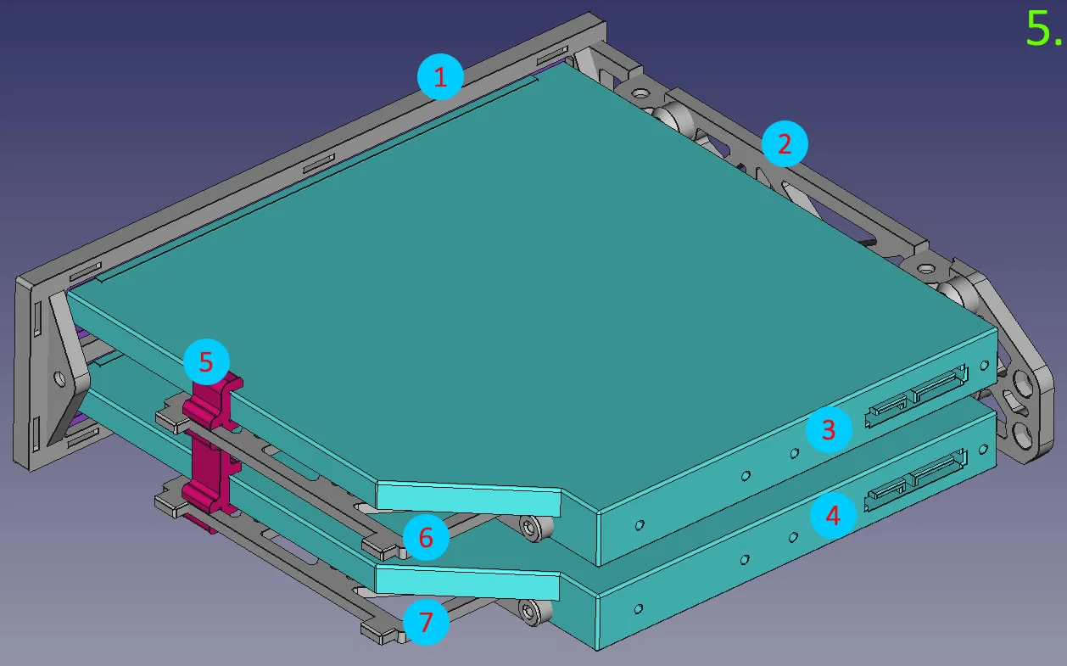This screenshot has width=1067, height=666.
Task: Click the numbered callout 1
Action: tap(440, 76)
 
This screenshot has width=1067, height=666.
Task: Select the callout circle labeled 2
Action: tap(785, 143)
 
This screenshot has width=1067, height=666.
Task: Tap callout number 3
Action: tap(829, 429)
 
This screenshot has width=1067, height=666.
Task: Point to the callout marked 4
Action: tap(833, 515)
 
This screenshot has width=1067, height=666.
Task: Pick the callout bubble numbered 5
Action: tap(206, 361)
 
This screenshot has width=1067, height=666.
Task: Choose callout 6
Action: tap(426, 537)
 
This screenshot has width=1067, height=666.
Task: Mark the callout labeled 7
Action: tap(426, 622)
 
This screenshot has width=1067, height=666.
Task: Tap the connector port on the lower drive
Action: tap(915, 479)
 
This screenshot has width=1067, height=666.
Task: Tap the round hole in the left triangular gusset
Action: tap(60, 378)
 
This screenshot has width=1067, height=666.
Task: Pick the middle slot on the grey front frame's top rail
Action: tap(319, 164)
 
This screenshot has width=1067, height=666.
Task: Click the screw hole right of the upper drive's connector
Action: tap(984, 366)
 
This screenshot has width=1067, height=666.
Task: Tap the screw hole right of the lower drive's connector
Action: tap(983, 450)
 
